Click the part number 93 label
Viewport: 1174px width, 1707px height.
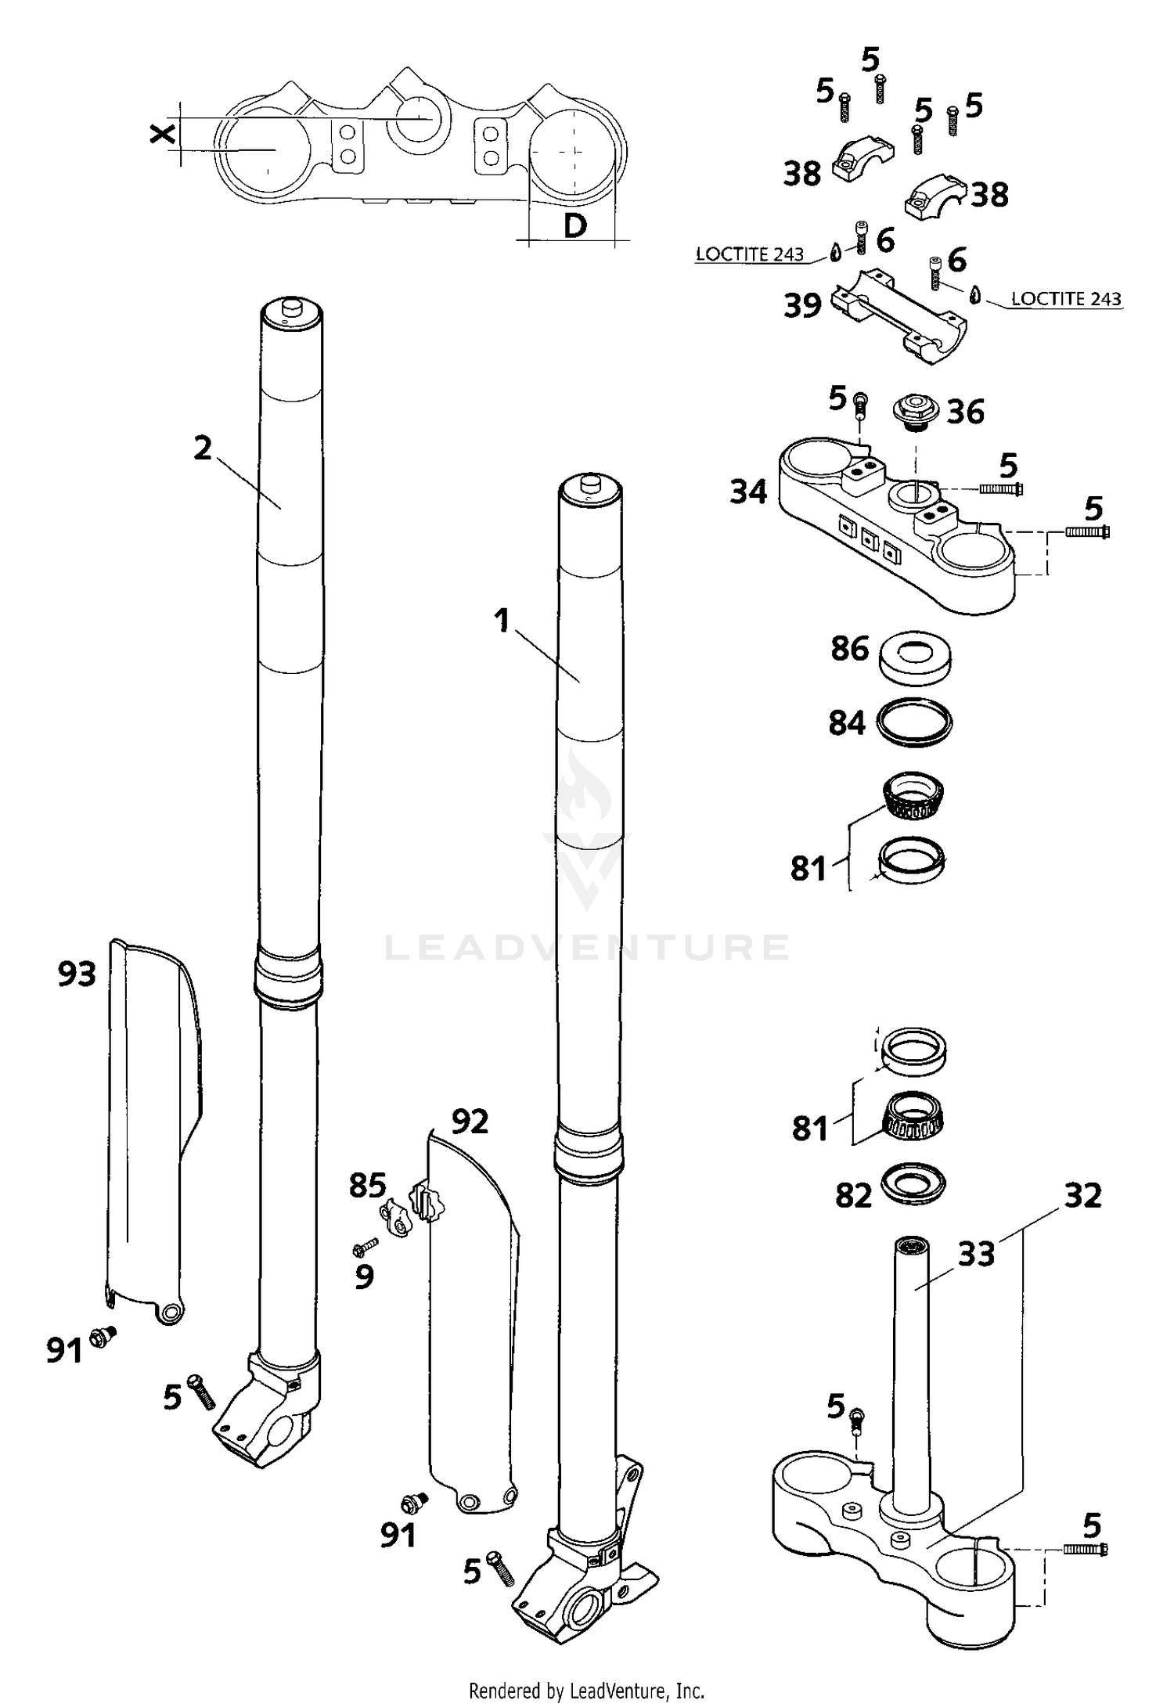click(77, 974)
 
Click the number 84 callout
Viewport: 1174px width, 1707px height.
click(847, 723)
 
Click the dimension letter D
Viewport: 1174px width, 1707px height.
click(575, 226)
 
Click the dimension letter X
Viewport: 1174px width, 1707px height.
click(162, 135)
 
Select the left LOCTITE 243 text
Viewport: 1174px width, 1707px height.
click(749, 254)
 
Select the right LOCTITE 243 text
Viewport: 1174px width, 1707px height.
click(1065, 299)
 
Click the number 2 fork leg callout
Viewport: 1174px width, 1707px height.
click(203, 448)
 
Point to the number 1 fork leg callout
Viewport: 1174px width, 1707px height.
click(502, 621)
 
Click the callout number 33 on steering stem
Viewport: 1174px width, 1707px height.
click(976, 1253)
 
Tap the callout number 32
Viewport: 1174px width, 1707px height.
click(1083, 1195)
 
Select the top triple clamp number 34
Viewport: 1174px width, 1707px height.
click(748, 492)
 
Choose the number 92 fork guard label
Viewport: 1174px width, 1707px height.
click(470, 1122)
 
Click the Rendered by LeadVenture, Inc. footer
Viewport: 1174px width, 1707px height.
click(586, 1692)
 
